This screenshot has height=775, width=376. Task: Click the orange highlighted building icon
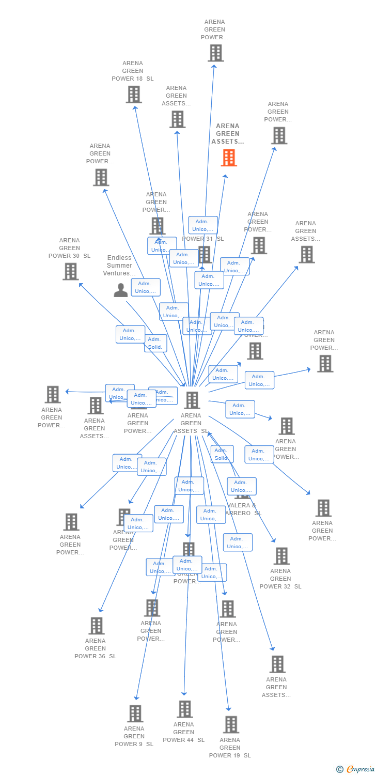229,158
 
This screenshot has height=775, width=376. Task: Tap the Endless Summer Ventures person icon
120,290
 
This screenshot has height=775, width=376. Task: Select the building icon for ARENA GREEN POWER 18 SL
134,95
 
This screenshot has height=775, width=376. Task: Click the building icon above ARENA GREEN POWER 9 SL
135,714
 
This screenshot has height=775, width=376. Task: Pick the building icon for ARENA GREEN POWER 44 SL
184,709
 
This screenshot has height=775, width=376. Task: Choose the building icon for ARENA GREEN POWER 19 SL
231,724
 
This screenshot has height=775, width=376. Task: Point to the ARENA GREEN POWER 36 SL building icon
96,626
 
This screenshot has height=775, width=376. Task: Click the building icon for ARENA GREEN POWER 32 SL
281,556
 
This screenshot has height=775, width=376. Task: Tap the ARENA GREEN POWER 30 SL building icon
70,271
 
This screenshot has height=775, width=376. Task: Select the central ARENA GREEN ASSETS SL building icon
192,400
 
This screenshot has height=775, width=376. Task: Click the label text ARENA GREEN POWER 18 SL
133,71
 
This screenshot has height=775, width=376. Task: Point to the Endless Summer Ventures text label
119,266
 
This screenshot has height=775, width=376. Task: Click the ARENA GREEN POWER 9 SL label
134,736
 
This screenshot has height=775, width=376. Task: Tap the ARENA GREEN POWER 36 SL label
96,648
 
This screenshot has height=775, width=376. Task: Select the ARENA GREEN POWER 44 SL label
184,732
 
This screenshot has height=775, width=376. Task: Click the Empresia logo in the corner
356,769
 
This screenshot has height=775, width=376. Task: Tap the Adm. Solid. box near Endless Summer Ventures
155,343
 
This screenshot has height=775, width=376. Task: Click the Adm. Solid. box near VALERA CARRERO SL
222,454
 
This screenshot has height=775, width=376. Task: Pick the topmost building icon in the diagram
215,53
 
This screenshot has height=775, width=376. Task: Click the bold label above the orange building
228,133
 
